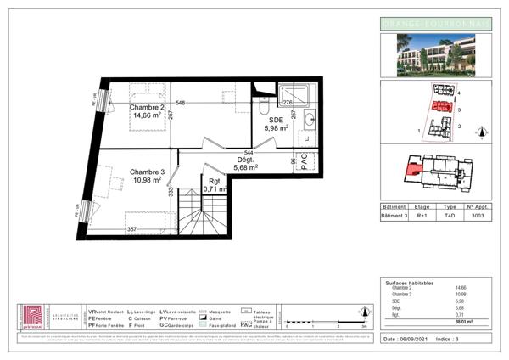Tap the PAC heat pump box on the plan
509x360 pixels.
(x=305, y=164)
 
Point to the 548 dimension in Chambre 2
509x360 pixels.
(x=180, y=103)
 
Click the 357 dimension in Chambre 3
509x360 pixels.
(x=131, y=229)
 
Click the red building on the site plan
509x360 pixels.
(x=440, y=107)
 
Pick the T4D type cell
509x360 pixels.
(x=451, y=216)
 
